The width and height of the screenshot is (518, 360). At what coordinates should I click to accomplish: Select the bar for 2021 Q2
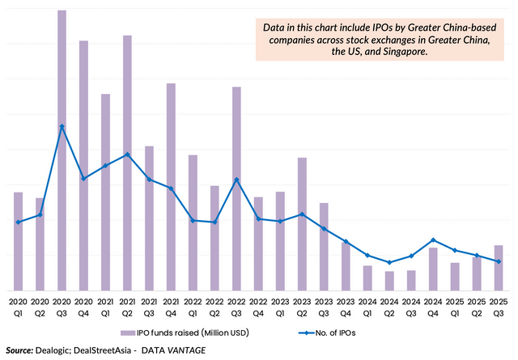pos(127,163)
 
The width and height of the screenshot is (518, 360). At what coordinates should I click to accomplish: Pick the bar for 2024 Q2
pos(389,281)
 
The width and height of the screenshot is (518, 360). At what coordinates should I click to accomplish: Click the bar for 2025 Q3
pos(499,268)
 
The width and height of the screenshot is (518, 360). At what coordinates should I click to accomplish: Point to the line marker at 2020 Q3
pos(62,126)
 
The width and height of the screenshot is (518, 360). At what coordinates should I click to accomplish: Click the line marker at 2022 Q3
pos(236,180)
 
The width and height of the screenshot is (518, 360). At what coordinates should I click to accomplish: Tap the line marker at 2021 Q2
pos(127,155)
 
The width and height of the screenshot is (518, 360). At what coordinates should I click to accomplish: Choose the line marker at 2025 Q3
pos(499,261)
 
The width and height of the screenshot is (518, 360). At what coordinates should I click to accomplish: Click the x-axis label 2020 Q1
pos(18,307)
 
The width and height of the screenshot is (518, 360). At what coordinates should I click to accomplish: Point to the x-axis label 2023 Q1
pos(280,307)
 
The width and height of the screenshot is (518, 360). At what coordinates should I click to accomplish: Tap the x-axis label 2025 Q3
pos(499,307)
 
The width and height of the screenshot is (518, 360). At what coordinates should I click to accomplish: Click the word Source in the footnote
pos(19,350)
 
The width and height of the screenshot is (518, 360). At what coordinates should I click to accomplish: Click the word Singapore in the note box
pos(402,52)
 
